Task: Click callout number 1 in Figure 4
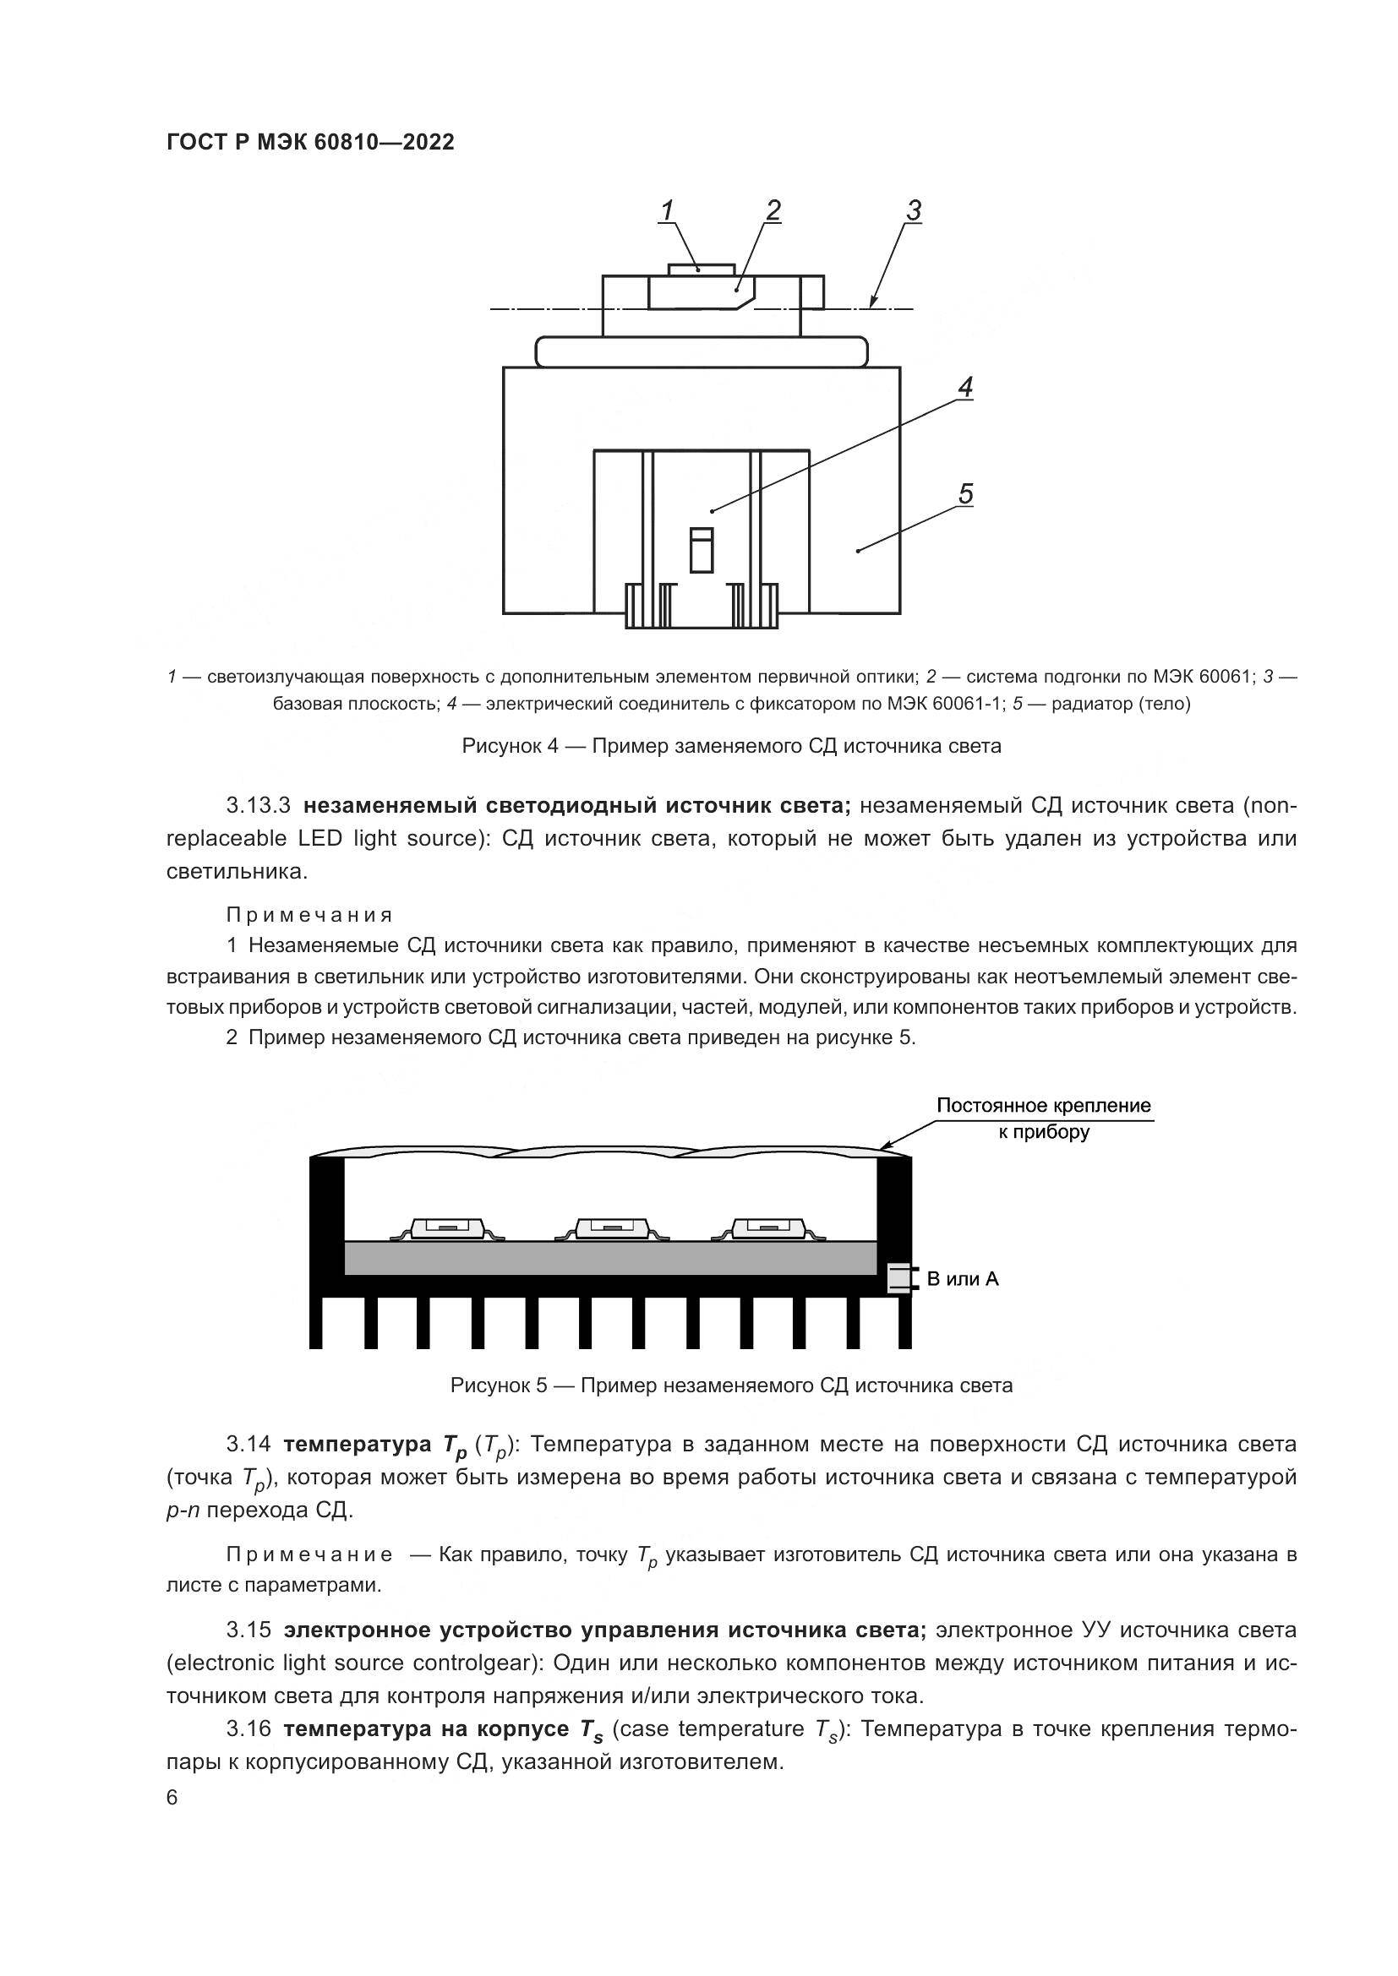pos(667,210)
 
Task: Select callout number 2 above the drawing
pos(773,210)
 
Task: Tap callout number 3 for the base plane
pos(914,210)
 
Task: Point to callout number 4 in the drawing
pos(965,388)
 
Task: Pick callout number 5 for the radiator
pos(965,494)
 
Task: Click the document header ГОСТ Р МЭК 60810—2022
pos(310,142)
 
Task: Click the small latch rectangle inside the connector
pos(702,551)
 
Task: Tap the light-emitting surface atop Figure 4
pos(702,269)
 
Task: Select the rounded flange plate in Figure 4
pos(702,351)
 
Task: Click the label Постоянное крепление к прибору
pos(1043,1118)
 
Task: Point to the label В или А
pos(963,1279)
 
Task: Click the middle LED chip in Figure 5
pos(611,1228)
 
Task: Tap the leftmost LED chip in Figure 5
pos(447,1228)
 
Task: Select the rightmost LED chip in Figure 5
pos(767,1228)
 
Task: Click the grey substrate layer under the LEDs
pos(609,1257)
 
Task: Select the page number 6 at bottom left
pos(172,1798)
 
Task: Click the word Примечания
pos(310,915)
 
